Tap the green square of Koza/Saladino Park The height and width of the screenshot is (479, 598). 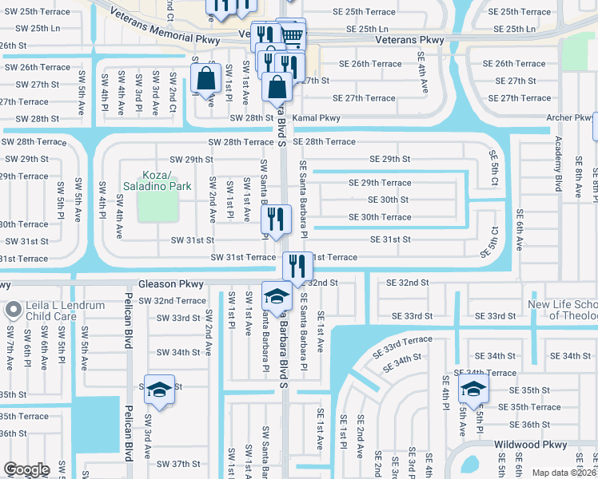(x=157, y=205)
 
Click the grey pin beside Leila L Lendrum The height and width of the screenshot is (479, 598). (x=14, y=309)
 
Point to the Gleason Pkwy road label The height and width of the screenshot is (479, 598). (x=172, y=283)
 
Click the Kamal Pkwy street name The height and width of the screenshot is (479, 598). (x=320, y=118)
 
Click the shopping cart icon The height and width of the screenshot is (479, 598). (x=293, y=35)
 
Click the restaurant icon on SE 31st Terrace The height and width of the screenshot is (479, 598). (x=297, y=265)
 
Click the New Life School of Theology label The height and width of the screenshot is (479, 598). (x=563, y=310)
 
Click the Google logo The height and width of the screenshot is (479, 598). (x=26, y=469)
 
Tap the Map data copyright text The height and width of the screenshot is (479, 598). (x=564, y=473)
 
